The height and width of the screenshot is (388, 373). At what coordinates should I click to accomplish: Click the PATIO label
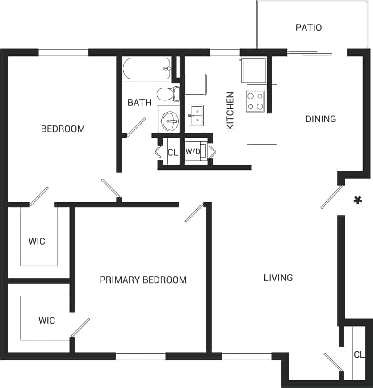pos(309,28)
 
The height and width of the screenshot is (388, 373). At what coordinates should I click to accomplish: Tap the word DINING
pos(320,119)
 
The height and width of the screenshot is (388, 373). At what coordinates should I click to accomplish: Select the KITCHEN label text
pos(231,111)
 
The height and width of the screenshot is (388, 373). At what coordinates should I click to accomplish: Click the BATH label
pos(139,103)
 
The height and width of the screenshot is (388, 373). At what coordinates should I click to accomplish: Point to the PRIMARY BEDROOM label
pos(143,280)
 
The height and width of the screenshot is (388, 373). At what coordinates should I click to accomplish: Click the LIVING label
pos(278,278)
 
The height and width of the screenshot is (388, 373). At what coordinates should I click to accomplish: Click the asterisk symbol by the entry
pos(357,200)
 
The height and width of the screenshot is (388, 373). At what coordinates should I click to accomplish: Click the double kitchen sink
pos(196,116)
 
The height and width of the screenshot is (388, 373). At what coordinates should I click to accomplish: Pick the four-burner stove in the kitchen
pos(256,101)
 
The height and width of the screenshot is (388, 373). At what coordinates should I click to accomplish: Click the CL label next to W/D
pos(173,152)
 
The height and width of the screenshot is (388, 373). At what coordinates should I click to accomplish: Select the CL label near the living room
pos(359,355)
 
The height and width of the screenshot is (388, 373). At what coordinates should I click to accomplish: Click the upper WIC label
pos(37,242)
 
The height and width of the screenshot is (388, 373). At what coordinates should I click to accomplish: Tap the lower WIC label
pos(46,321)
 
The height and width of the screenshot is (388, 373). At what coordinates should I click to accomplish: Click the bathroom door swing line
pos(136,127)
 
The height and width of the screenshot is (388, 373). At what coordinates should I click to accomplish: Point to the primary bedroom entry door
pos(195,212)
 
